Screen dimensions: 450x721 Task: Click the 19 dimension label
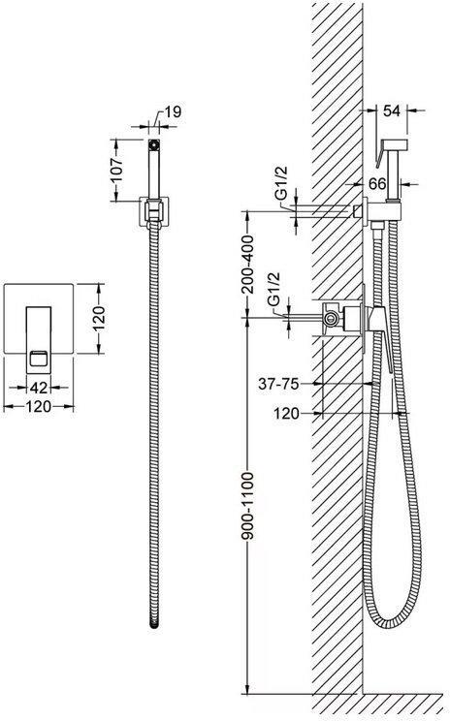click(x=173, y=111)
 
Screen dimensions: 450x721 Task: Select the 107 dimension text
click(x=117, y=171)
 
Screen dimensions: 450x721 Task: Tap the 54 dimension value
click(x=391, y=110)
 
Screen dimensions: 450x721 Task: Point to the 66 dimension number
click(x=377, y=184)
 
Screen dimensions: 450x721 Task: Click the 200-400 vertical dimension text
click(x=247, y=264)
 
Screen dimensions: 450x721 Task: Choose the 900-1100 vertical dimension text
click(x=247, y=505)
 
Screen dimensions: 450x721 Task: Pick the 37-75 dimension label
click(x=278, y=383)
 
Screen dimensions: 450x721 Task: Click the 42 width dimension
click(x=39, y=388)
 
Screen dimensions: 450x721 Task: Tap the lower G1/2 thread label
click(x=273, y=289)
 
